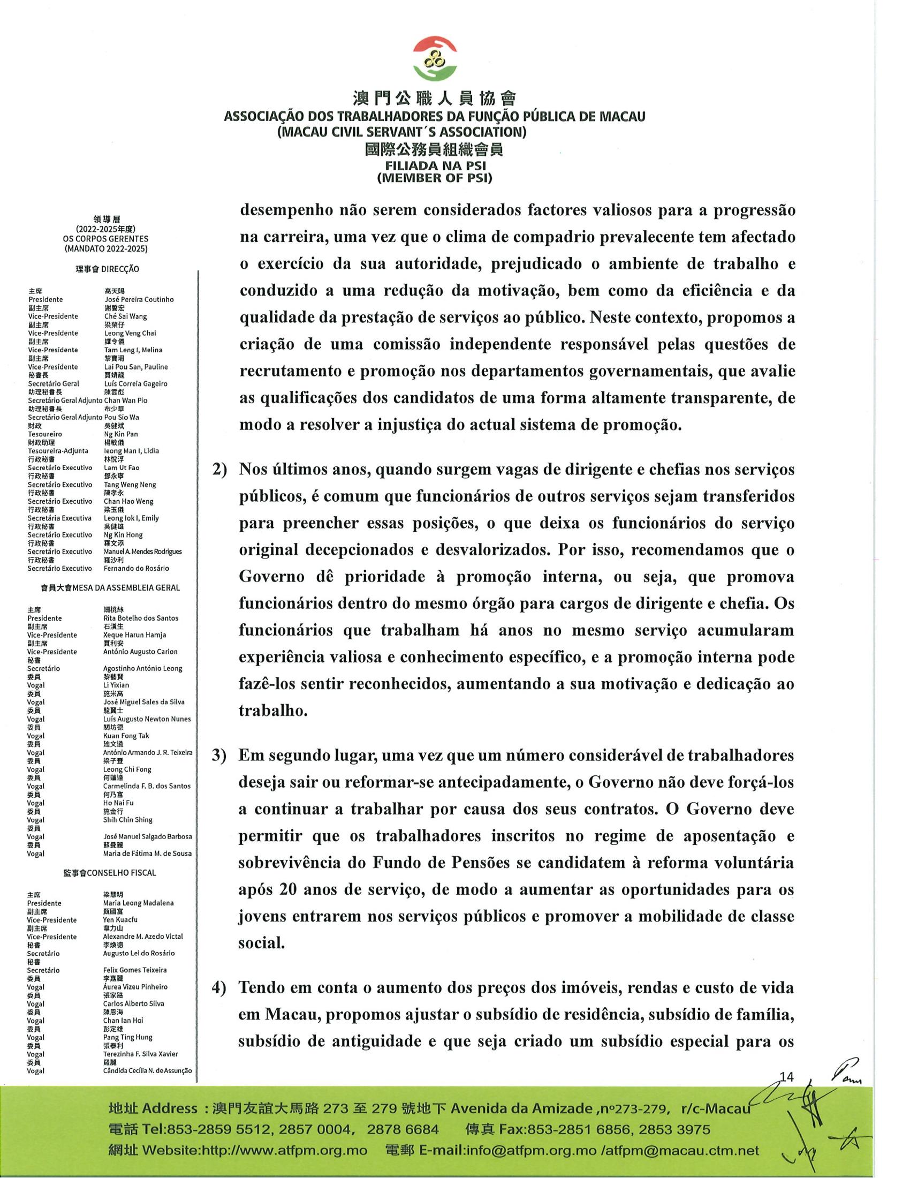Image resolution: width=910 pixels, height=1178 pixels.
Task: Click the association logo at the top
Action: click(x=435, y=58)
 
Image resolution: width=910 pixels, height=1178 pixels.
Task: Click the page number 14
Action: click(x=786, y=1077)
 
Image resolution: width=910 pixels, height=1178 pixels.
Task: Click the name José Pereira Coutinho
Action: click(x=139, y=299)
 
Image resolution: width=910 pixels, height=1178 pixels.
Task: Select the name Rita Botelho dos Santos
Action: click(x=140, y=618)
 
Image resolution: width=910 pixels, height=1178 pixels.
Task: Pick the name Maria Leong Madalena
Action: click(x=138, y=903)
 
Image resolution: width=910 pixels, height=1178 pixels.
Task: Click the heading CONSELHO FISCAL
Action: click(x=122, y=873)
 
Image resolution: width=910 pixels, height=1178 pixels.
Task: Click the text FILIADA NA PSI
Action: click(x=434, y=166)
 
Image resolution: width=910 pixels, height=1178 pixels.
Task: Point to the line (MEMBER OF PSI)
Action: click(x=434, y=178)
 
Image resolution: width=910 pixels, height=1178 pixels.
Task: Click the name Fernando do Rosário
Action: click(x=136, y=568)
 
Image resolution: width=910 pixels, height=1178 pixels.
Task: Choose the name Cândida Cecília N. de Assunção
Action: click(x=147, y=1071)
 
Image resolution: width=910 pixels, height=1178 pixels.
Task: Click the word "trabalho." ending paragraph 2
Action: click(x=274, y=711)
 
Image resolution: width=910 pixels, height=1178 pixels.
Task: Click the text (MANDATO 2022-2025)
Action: click(x=105, y=248)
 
